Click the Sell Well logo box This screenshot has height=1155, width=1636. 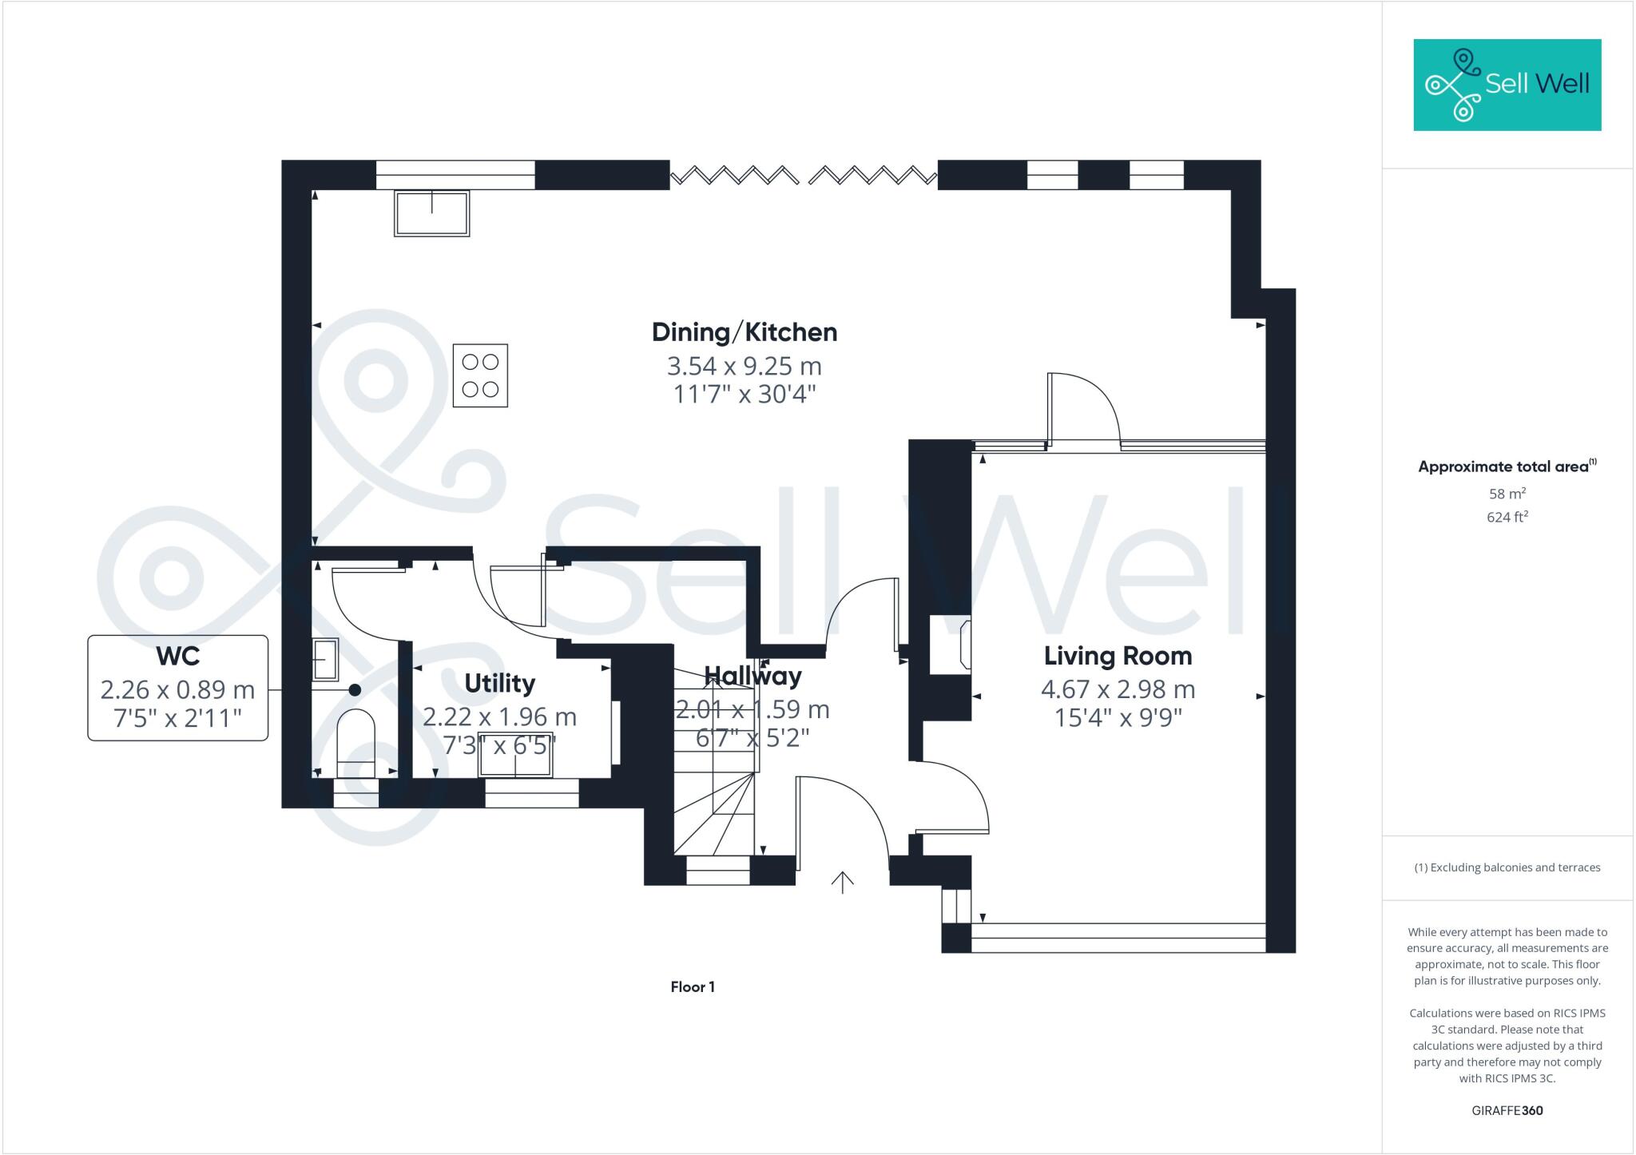(1507, 85)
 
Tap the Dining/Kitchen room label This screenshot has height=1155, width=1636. (744, 332)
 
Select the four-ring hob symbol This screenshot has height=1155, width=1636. (480, 375)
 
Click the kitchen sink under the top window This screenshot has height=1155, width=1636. (431, 213)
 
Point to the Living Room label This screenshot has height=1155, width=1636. (1117, 656)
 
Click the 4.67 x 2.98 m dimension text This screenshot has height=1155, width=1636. (1117, 689)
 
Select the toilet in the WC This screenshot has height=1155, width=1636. (356, 743)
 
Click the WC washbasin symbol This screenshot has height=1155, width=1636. (326, 659)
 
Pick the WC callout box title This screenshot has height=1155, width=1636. (177, 656)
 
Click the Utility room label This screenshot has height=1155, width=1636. (499, 684)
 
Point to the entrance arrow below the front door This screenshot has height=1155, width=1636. (843, 882)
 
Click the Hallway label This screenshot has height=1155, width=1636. (752, 677)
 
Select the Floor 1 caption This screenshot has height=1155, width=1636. (693, 987)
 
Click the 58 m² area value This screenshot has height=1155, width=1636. (1507, 494)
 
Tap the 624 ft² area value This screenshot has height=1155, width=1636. (1507, 518)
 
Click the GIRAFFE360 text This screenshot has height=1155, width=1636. (1507, 1111)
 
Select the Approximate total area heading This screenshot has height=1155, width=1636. (1505, 466)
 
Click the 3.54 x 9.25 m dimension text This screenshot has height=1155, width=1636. (744, 367)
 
